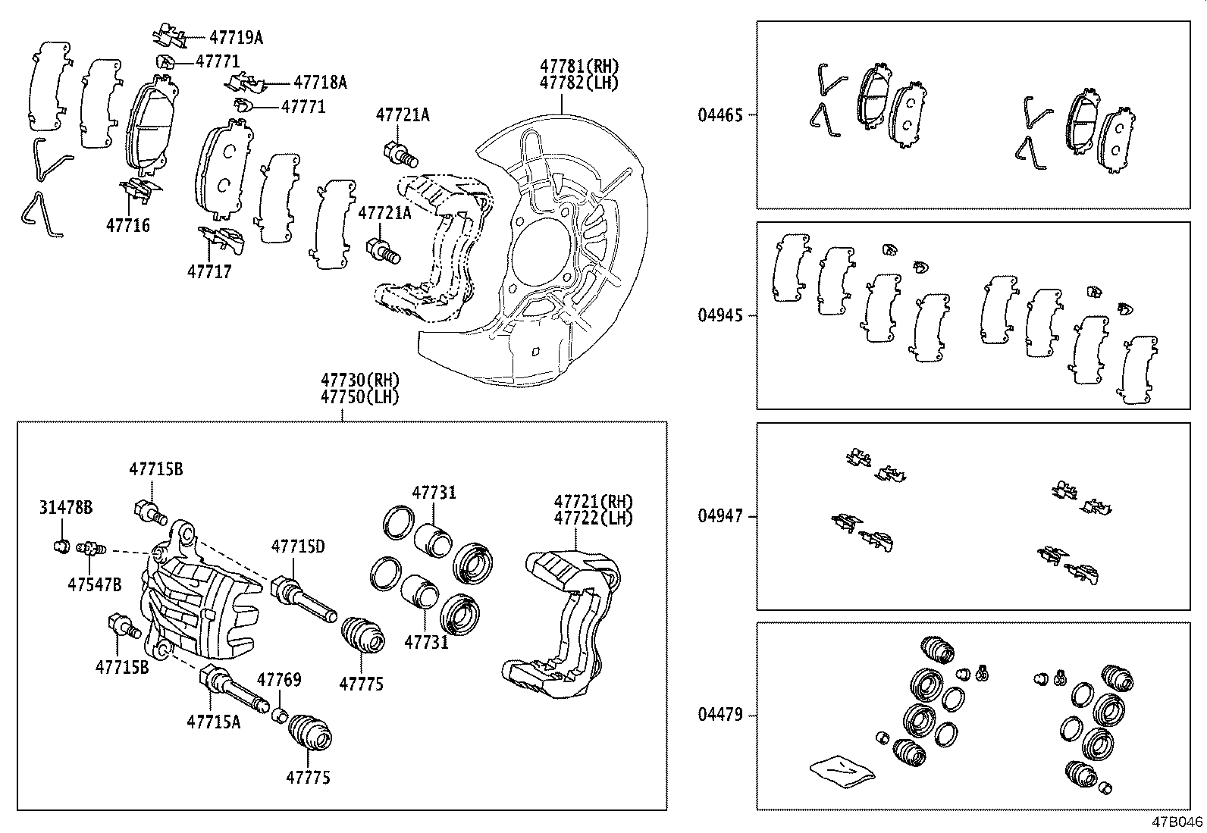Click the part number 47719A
[x=236, y=37]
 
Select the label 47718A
[x=320, y=83]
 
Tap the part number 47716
[x=127, y=225]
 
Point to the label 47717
[x=209, y=271]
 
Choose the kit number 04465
[x=719, y=115]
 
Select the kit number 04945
[x=719, y=315]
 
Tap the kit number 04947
[x=719, y=517]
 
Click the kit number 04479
[x=719, y=716]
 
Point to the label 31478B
[x=66, y=507]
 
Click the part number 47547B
[x=94, y=584]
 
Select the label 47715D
[x=298, y=546]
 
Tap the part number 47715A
[x=213, y=722]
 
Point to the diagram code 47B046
[x=1178, y=822]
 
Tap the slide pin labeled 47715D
[x=303, y=598]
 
